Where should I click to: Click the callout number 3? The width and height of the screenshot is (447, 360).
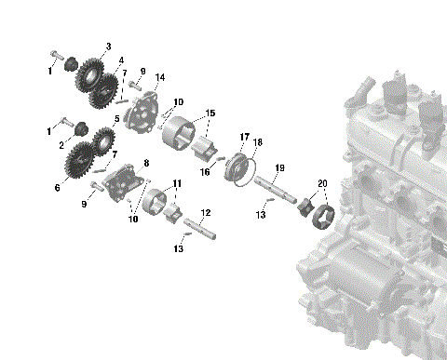tap(108, 46)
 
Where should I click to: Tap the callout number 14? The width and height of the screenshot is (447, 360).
tap(160, 77)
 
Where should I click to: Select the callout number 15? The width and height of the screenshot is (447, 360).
tap(210, 113)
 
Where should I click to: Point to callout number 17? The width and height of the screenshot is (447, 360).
tap(244, 137)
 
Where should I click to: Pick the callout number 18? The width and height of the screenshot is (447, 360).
tap(259, 142)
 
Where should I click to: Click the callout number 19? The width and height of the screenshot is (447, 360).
tap(279, 167)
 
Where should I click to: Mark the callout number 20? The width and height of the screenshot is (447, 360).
tap(321, 183)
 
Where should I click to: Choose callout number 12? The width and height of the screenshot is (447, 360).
tap(205, 213)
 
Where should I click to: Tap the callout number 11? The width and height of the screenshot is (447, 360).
tap(177, 183)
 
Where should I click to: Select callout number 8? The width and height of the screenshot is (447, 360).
tap(145, 163)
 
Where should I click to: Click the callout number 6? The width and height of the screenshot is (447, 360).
tap(58, 187)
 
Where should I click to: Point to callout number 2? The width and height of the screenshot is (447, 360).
tap(62, 145)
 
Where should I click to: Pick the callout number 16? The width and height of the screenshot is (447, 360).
tap(206, 172)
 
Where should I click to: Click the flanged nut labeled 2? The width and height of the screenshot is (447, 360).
tap(79, 128)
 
